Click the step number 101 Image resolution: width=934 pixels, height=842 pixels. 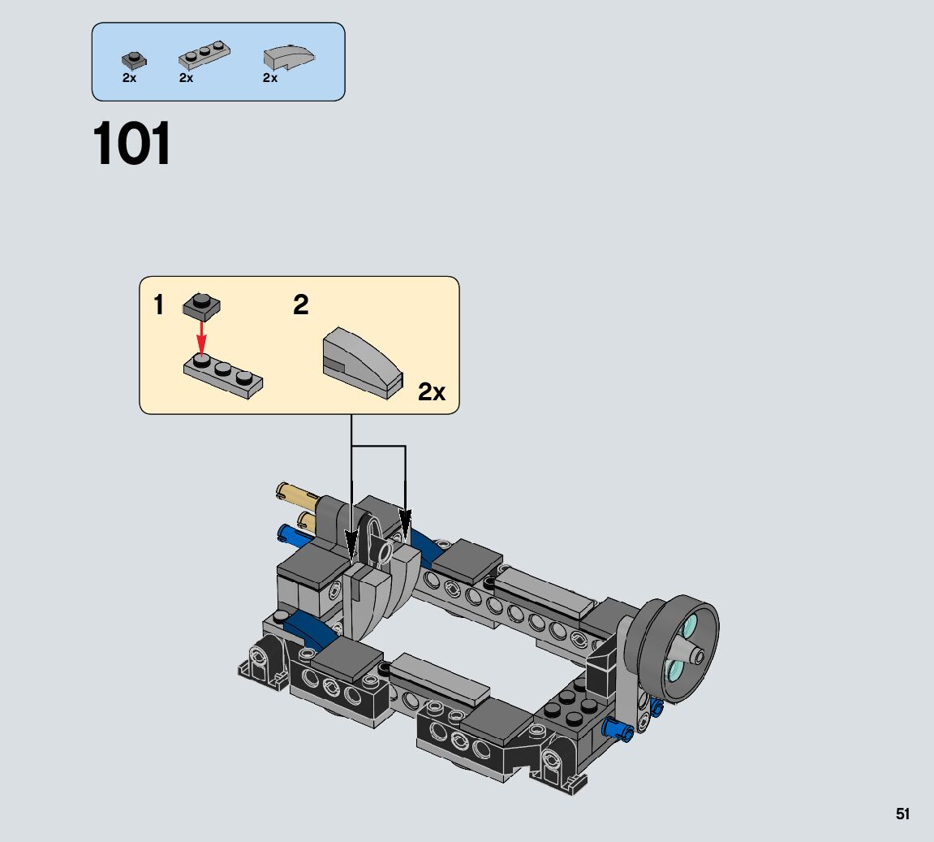tap(133, 145)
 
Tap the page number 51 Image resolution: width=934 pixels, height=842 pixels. tap(902, 814)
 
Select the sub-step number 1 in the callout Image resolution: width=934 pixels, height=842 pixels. tap(159, 306)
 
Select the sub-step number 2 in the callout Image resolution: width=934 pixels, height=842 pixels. tap(301, 306)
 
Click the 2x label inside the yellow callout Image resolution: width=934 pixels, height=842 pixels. tap(432, 393)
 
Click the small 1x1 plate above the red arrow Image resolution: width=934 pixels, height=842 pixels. tap(202, 305)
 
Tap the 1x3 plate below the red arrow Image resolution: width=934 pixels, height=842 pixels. tap(223, 377)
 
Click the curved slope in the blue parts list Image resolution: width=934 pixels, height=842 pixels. tap(289, 58)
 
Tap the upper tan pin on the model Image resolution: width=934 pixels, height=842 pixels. tap(296, 493)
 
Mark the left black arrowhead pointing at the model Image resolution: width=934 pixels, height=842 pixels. tap(352, 542)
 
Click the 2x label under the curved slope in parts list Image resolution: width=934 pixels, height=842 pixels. tap(270, 78)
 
